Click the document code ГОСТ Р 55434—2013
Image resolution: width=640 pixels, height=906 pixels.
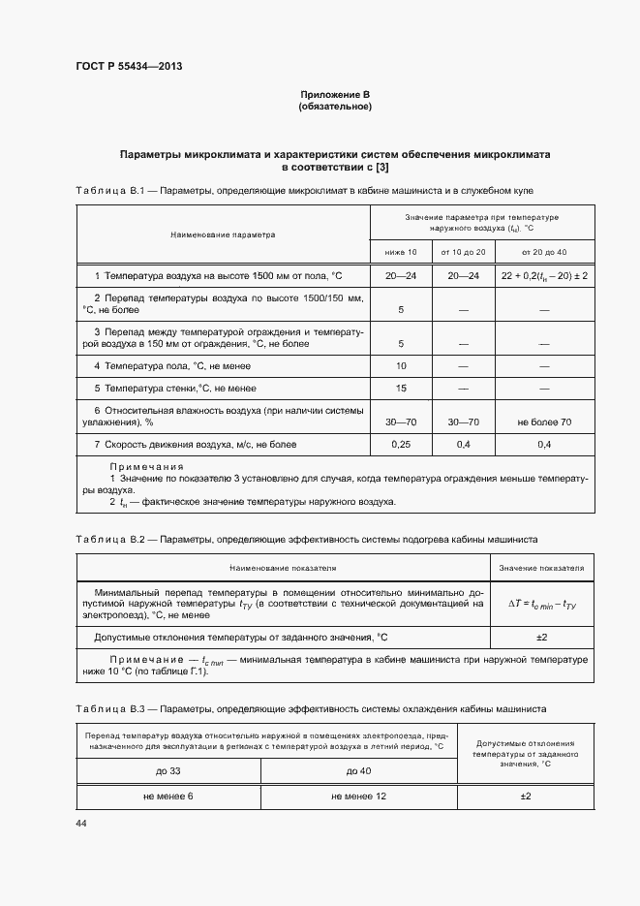click(129, 67)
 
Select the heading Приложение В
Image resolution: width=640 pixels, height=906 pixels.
click(335, 94)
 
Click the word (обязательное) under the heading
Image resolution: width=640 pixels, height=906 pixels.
click(335, 106)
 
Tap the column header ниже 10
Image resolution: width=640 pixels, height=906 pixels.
click(401, 252)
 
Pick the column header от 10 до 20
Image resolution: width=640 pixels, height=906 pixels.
click(463, 252)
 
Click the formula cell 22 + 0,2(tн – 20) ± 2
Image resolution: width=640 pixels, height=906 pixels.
click(544, 276)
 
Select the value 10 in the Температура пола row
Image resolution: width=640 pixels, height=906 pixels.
click(401, 365)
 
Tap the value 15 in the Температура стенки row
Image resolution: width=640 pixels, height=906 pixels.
click(401, 389)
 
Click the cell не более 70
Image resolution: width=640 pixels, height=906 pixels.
click(544, 422)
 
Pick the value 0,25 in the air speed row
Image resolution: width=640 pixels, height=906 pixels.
click(401, 444)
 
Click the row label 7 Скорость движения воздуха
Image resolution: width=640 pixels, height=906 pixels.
click(195, 444)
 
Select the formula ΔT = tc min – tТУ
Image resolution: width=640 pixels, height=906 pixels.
click(542, 603)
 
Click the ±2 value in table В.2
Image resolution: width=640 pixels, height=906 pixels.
click(542, 637)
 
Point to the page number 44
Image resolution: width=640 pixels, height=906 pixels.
click(81, 823)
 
